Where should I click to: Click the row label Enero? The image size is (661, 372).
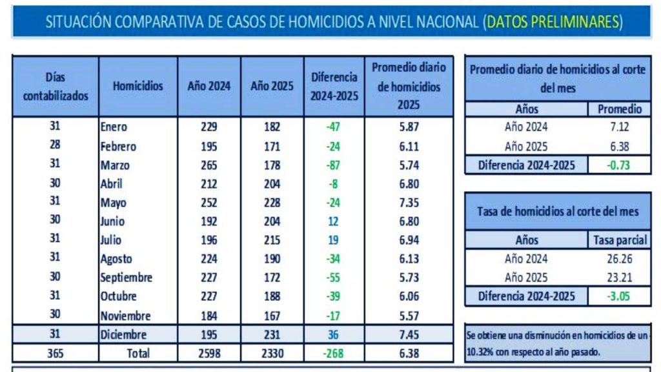point(114,127)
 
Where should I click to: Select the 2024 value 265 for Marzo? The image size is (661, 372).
point(208,165)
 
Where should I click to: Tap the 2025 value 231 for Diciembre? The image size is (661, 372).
point(272,335)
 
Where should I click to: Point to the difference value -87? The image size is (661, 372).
point(333,165)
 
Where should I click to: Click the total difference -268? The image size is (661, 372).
point(333,353)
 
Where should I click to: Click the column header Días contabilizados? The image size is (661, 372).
point(56,87)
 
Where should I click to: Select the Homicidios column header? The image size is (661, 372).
point(137,86)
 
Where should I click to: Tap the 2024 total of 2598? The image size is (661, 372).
point(208,353)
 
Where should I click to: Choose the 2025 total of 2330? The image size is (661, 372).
point(272,353)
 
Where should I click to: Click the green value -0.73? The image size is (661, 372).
point(618,165)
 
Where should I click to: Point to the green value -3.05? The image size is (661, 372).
point(618,296)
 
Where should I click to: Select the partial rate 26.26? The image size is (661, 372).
point(619,259)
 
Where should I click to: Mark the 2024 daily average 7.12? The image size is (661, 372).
point(618,127)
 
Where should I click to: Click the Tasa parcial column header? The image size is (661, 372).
point(620,240)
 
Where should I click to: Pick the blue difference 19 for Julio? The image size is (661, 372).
point(333,240)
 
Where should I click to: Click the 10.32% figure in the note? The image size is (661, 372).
point(480,353)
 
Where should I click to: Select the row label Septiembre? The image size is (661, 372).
point(127,278)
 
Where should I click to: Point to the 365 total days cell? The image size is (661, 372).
point(56,353)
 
